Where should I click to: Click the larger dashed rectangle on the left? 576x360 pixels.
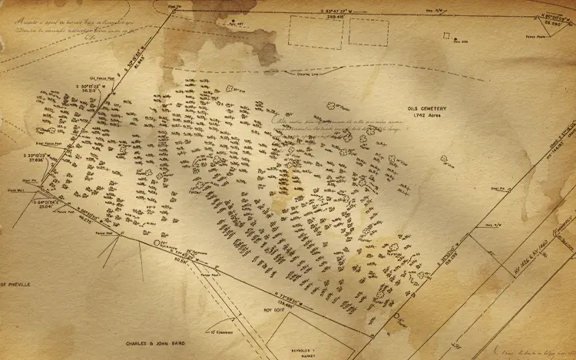pos(315,33)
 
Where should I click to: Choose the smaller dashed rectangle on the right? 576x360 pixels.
pos(368,32)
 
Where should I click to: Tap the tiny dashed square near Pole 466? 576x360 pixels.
pos(446,34)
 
